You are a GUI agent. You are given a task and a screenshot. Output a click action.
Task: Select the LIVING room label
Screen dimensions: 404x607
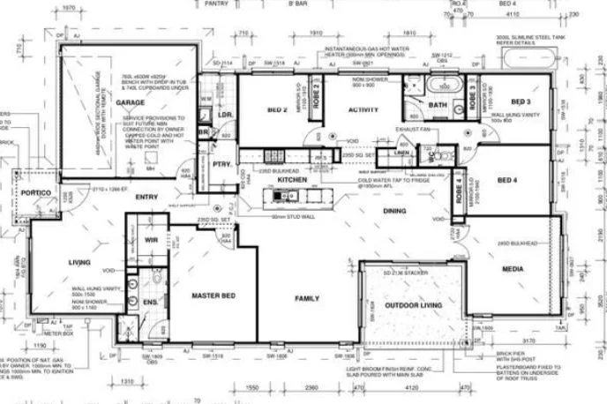click(x=79, y=262)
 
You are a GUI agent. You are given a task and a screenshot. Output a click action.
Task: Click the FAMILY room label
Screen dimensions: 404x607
click(x=306, y=298)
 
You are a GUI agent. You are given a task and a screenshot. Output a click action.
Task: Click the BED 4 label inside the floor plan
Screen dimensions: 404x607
click(x=507, y=180)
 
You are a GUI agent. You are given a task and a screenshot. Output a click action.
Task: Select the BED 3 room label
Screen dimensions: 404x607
click(x=521, y=101)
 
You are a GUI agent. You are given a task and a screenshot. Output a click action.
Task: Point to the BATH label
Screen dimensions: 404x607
click(x=438, y=105)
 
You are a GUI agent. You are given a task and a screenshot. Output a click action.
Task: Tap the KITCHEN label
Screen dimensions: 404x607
click(x=292, y=179)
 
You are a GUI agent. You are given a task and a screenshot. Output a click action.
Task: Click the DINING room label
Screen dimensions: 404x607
click(x=393, y=211)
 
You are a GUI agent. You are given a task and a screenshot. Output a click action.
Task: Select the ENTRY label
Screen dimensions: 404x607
click(x=146, y=198)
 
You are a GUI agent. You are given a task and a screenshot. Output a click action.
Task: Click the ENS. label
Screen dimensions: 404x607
click(x=149, y=303)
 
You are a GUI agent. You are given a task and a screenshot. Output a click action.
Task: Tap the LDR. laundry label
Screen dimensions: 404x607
click(x=225, y=116)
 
